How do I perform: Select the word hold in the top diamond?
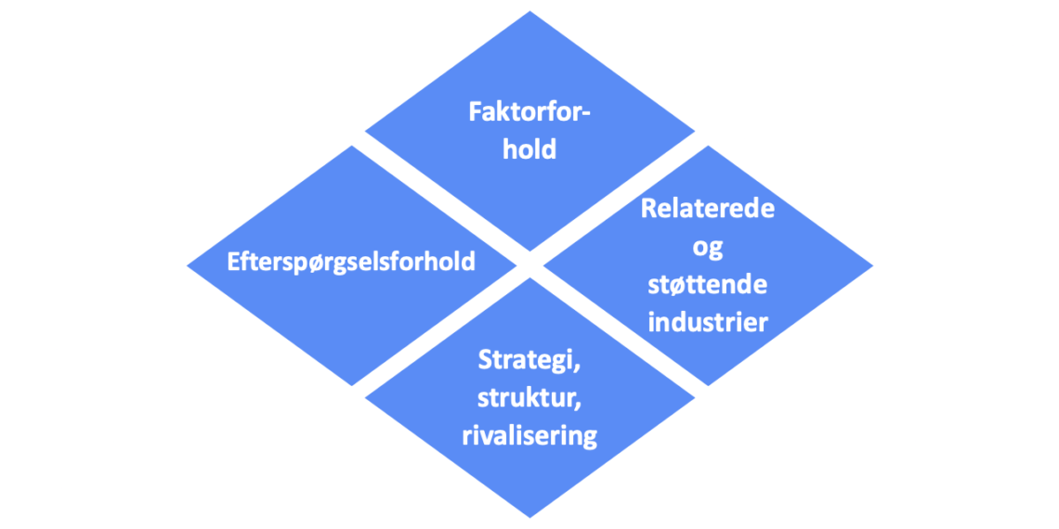pyautogui.click(x=529, y=148)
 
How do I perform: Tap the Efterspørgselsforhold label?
pyautogui.click(x=351, y=261)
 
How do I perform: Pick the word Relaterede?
pyautogui.click(x=708, y=209)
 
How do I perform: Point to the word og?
pyautogui.click(x=708, y=247)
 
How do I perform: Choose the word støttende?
pyautogui.click(x=708, y=284)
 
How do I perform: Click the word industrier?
pyautogui.click(x=708, y=322)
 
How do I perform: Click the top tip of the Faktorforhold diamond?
pyautogui.click(x=529, y=12)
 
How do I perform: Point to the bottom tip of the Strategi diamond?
pyautogui.click(x=529, y=516)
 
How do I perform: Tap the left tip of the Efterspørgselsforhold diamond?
pyautogui.click(x=189, y=265)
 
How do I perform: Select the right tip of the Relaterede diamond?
pyautogui.click(x=871, y=265)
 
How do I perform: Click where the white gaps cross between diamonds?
pyautogui.click(x=529, y=264)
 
